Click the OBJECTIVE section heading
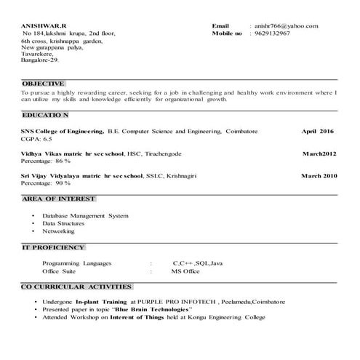[43, 84]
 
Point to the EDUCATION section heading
[45, 116]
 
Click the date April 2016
[318, 131]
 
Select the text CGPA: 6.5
[36, 138]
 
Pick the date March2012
[319, 154]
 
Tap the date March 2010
[319, 176]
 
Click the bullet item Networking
[58, 231]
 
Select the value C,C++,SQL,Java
[198, 263]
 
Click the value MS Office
[185, 271]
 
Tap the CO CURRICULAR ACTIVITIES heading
[76, 287]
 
